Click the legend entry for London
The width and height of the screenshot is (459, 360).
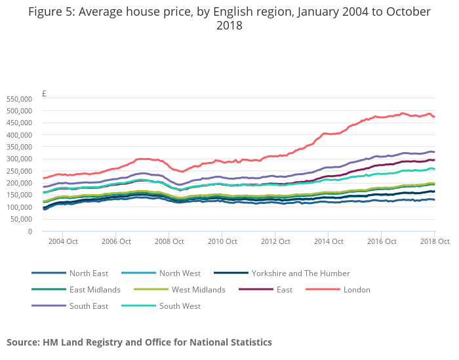357,290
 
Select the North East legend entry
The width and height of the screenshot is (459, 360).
89,273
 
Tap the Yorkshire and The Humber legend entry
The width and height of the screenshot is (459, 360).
301,273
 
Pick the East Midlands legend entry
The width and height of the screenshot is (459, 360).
94,290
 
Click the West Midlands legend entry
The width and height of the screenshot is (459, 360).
198,290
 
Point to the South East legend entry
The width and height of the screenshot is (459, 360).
89,306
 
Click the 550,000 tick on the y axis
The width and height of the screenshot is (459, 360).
19,99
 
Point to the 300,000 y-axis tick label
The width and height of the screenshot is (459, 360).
19,159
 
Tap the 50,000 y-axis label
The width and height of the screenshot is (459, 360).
21,219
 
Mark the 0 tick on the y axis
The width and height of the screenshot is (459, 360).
30,231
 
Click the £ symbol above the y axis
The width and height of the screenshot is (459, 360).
44,94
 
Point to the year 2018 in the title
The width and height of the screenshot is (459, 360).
229,26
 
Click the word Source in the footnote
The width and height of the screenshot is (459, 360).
24,342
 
